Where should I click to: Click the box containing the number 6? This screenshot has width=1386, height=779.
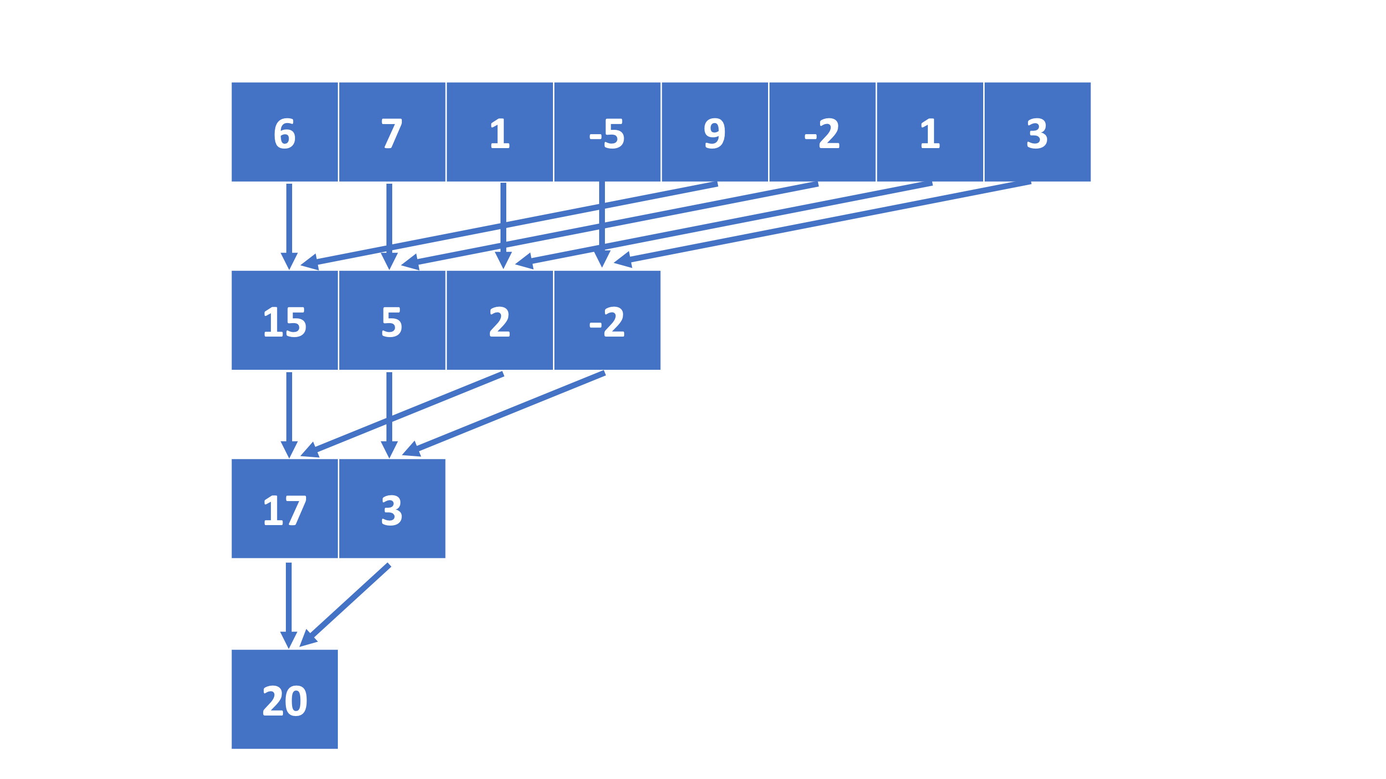[x=284, y=132]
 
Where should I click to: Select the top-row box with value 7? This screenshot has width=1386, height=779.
[x=392, y=132]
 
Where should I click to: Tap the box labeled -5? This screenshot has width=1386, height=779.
[x=607, y=132]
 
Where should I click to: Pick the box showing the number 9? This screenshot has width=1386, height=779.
[x=715, y=132]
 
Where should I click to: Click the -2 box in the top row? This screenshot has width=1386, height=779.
[x=822, y=132]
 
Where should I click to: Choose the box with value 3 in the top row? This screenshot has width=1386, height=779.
[x=1037, y=132]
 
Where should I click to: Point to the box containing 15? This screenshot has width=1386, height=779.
[x=284, y=320]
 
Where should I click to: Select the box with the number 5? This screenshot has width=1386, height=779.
[x=392, y=320]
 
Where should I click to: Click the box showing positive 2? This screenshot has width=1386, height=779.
[x=500, y=320]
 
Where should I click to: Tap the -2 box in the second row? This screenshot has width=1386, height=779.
[x=607, y=320]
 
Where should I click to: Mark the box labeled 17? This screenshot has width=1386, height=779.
[x=284, y=509]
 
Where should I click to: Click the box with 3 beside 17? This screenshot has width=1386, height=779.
[x=392, y=509]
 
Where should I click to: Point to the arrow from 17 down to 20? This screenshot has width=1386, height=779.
[x=289, y=597]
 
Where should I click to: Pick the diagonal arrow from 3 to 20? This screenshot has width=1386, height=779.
[x=350, y=601]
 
